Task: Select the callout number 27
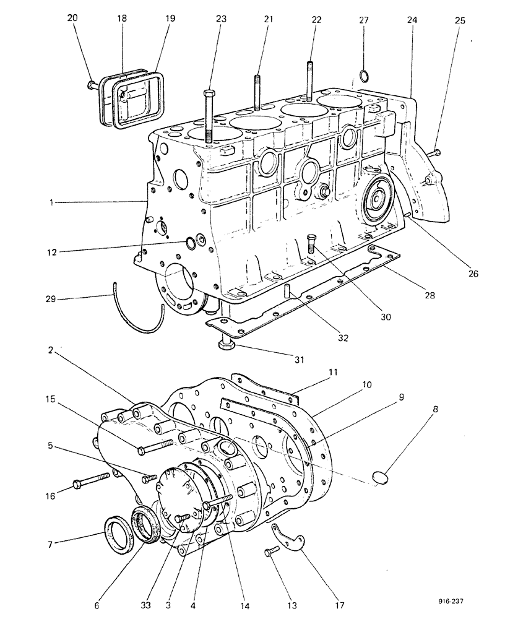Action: point(364,20)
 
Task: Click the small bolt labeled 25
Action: point(434,152)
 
